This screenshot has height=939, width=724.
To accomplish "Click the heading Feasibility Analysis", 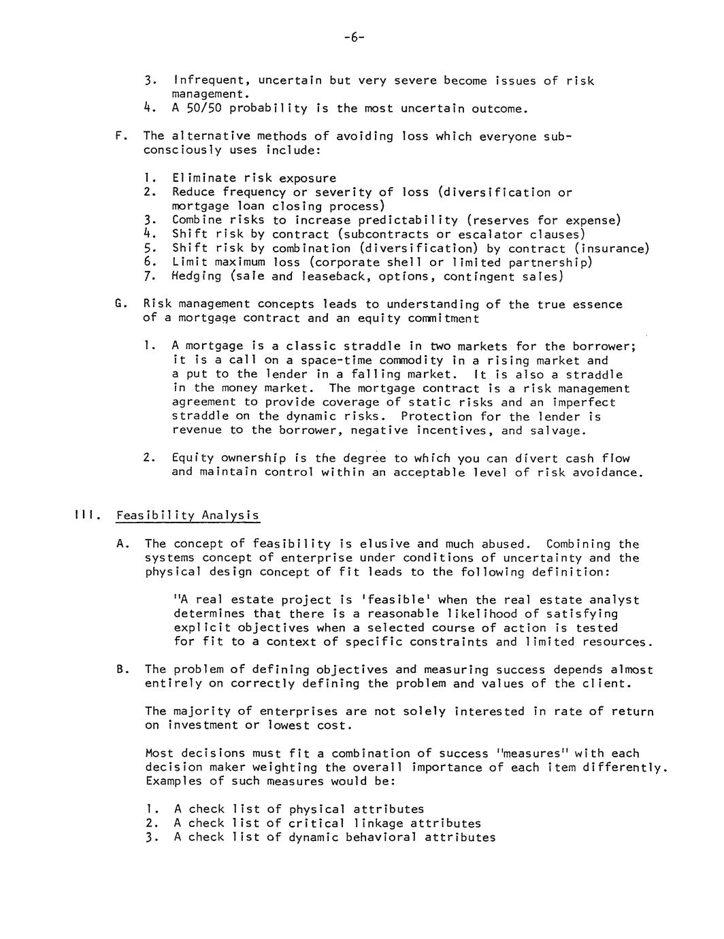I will (x=187, y=515).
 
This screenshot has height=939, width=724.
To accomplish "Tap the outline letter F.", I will (x=120, y=136).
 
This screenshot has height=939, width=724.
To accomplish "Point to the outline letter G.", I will (x=120, y=304).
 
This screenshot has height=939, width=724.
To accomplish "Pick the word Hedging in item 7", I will (x=197, y=276).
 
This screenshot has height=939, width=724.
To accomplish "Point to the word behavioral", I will (x=381, y=837).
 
